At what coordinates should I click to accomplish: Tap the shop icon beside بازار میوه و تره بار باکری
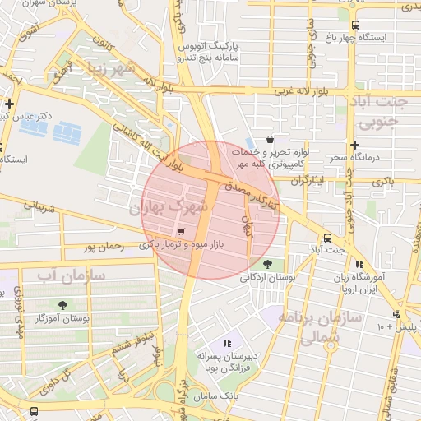pos(181,232)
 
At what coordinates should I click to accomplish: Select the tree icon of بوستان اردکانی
pos(267,264)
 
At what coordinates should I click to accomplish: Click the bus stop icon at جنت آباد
pos(327,234)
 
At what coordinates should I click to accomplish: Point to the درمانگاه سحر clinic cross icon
pos(353,145)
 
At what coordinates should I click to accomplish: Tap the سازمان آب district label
pos(71,275)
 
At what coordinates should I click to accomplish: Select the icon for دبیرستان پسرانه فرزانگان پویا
pos(228,343)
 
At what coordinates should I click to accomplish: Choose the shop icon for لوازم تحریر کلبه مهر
pos(271,140)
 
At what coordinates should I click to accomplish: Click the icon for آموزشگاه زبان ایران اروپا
pos(359,265)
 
